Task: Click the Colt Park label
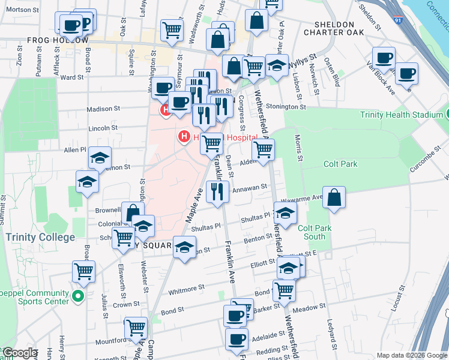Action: [x=340, y=164]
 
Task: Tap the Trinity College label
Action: [x=41, y=237]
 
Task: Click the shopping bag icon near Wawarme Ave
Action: [x=334, y=197]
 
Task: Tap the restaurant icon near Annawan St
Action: [x=217, y=192]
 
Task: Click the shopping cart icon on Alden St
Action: [x=262, y=150]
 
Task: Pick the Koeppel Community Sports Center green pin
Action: [x=77, y=296]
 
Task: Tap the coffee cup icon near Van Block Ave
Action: [x=406, y=73]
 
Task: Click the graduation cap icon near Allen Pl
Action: [x=100, y=158]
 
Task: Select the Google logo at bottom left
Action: [x=19, y=353]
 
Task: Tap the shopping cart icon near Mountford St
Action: [x=136, y=328]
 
